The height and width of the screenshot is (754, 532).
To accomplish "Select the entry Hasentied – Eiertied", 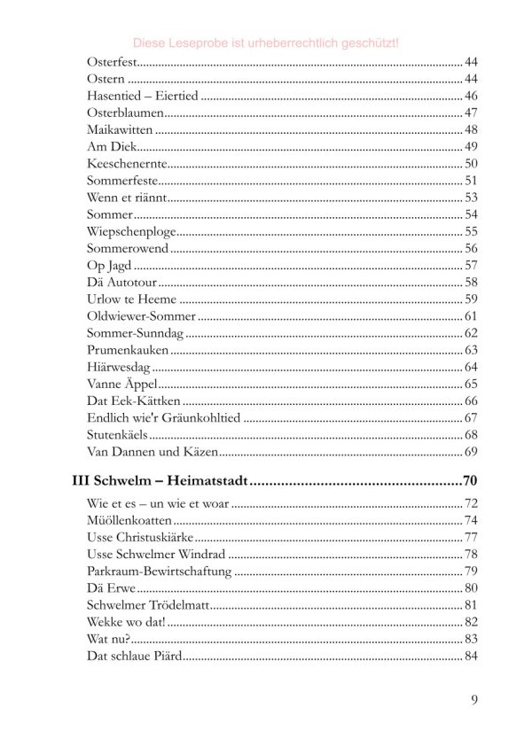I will [142, 96].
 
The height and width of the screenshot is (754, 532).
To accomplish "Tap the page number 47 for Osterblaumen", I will [471, 113].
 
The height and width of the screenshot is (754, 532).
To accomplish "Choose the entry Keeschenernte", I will [127, 163].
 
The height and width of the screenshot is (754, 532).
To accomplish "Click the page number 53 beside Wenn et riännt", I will [471, 197].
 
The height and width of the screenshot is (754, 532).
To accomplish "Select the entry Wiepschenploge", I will [132, 230].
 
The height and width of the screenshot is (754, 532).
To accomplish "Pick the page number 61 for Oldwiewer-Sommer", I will [471, 316].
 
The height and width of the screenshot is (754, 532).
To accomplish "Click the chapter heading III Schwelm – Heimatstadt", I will [159, 483].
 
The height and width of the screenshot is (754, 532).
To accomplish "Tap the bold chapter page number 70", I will [470, 483].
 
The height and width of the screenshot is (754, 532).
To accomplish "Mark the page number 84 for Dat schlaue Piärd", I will [471, 656].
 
